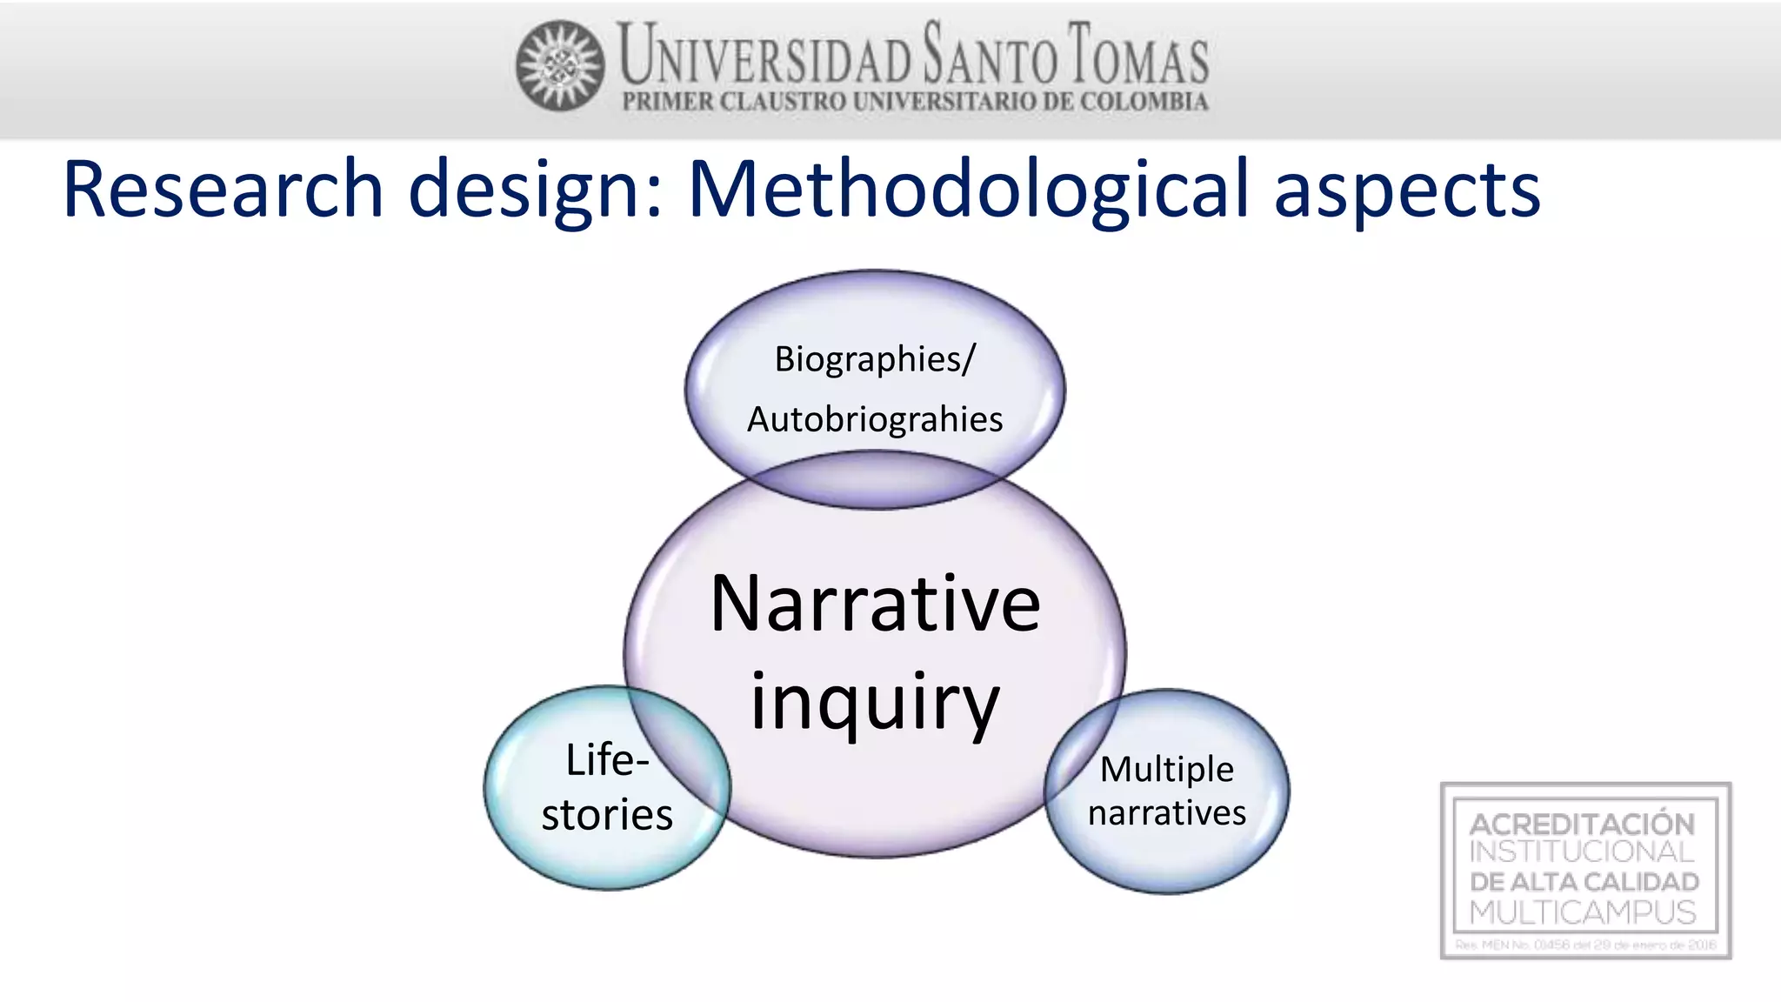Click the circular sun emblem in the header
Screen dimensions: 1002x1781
coord(560,65)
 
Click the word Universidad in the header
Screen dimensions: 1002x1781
coord(764,55)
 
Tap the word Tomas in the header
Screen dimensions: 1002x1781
coord(1137,55)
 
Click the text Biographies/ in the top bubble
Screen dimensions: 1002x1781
coord(875,359)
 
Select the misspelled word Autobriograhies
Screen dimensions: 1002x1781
coord(875,419)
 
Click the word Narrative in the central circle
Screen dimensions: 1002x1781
coord(875,604)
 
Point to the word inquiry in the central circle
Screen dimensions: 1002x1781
coord(875,703)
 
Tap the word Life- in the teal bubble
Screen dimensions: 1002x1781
coord(607,760)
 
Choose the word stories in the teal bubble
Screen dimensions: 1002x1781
coord(607,815)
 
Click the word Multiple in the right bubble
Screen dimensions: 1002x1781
coord(1166,769)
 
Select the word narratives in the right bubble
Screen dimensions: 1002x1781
coord(1166,813)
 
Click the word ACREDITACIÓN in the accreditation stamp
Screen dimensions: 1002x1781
coord(1582,824)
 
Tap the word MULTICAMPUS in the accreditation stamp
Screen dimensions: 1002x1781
coord(1582,912)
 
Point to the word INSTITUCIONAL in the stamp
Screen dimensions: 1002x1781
coord(1582,852)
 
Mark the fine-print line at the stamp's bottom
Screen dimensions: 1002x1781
coord(1585,945)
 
